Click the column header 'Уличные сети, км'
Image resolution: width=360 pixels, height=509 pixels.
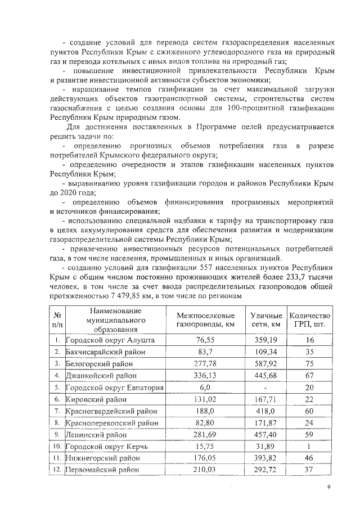pos(267,321)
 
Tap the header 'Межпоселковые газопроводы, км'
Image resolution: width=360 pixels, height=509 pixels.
pos(206,321)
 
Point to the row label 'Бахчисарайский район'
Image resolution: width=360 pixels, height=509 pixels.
pos(105,352)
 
